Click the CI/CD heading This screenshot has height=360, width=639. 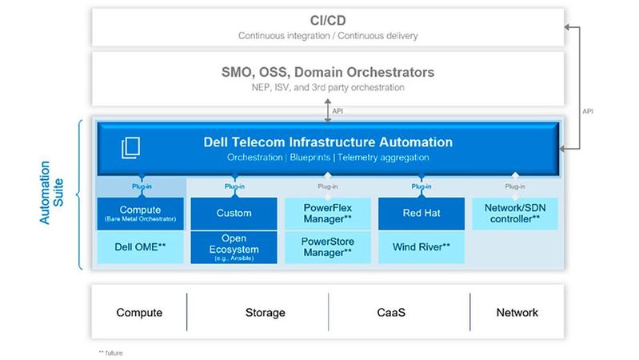point(328,20)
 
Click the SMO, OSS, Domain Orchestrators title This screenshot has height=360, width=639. point(328,72)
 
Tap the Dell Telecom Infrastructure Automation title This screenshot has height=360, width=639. point(328,142)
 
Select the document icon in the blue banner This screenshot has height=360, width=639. point(130,148)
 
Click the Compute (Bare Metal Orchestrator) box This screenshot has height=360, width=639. point(140,214)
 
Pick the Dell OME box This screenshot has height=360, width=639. point(140,246)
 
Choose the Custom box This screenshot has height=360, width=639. point(234,214)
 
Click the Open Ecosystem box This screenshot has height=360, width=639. point(234,247)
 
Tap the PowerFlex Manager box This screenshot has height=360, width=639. point(328,214)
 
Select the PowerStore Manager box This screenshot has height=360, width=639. point(328,246)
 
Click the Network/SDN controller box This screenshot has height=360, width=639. point(515,214)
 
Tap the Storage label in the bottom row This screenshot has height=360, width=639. point(258,313)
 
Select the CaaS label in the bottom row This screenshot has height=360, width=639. point(398,313)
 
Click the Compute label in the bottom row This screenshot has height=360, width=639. point(139,313)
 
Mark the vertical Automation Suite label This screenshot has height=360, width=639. point(50,195)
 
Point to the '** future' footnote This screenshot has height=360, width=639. point(111,352)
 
